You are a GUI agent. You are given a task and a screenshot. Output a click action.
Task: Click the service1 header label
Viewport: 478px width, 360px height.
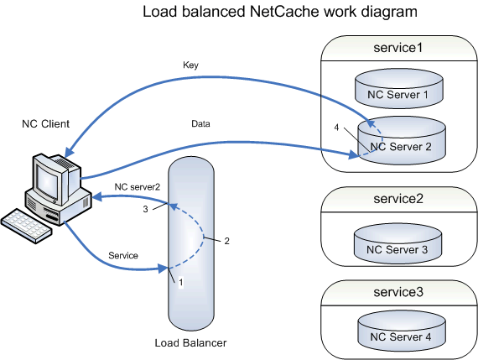398,48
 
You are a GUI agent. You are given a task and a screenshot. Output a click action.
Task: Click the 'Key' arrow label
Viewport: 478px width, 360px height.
190,64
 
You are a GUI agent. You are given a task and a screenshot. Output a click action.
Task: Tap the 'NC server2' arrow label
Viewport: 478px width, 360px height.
138,186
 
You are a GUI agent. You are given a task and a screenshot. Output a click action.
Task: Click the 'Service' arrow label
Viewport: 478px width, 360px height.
125,254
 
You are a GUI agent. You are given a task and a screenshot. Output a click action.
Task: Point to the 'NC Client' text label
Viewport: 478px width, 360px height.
45,124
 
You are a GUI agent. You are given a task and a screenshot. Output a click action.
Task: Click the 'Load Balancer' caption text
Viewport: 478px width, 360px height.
190,343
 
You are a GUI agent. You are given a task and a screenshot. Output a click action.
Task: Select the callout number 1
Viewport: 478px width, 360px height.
180,283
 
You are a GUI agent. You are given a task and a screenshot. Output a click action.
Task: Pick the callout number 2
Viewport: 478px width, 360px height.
226,241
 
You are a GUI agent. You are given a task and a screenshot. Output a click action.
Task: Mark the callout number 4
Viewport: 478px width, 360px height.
336,128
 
